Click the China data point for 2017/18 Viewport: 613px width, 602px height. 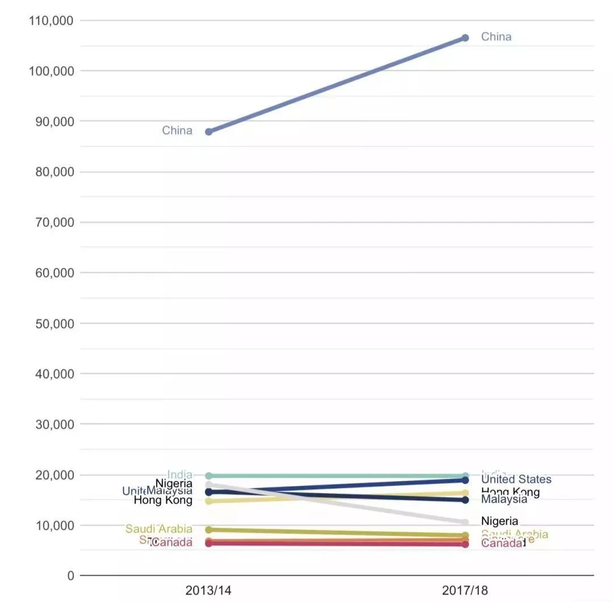pos(465,37)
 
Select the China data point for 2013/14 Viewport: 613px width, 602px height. pos(209,132)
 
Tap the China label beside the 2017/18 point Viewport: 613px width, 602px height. pos(496,37)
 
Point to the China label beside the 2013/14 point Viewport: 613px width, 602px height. pos(177,130)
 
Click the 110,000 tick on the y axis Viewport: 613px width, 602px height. pos(51,21)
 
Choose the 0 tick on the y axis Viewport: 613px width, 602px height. pos(70,575)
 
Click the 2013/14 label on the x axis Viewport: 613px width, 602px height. pos(208,591)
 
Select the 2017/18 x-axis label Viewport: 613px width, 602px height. pos(465,591)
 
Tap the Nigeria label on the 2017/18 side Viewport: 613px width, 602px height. pos(499,521)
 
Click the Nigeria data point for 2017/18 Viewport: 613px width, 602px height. pos(465,522)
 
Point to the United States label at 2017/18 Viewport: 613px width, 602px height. pos(516,479)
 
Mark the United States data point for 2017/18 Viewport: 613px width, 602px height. pos(465,480)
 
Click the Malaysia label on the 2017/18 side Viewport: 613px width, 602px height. pos(504,499)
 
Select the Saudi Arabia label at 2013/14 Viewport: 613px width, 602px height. pos(159,529)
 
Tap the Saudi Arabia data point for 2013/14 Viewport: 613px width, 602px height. pos(209,530)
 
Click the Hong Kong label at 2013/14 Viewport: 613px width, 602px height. pos(163,500)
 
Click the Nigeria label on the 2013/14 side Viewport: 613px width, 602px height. pos(174,483)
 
